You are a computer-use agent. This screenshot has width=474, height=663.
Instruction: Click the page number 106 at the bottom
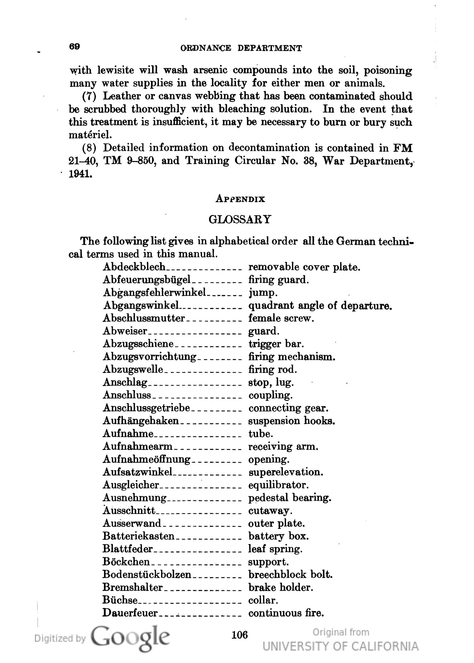(x=239, y=634)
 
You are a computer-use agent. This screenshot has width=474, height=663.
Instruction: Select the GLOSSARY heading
(x=240, y=219)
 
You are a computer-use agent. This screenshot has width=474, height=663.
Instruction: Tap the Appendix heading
(x=240, y=199)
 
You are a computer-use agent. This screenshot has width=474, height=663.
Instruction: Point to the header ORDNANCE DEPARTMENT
(x=241, y=48)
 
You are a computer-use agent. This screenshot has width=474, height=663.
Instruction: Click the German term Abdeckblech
(x=134, y=267)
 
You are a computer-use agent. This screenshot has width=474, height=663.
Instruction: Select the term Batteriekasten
(x=138, y=536)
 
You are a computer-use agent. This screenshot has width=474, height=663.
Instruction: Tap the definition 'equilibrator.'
(x=278, y=485)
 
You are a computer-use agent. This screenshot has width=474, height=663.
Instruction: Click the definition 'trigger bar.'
(x=276, y=344)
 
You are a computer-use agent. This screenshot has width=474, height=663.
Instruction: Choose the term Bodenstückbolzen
(x=147, y=575)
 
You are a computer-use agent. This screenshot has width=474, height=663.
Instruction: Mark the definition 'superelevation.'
(x=286, y=472)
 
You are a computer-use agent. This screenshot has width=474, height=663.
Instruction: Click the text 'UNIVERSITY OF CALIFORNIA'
(x=341, y=646)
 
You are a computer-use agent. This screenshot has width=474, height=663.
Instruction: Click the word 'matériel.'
(x=90, y=135)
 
